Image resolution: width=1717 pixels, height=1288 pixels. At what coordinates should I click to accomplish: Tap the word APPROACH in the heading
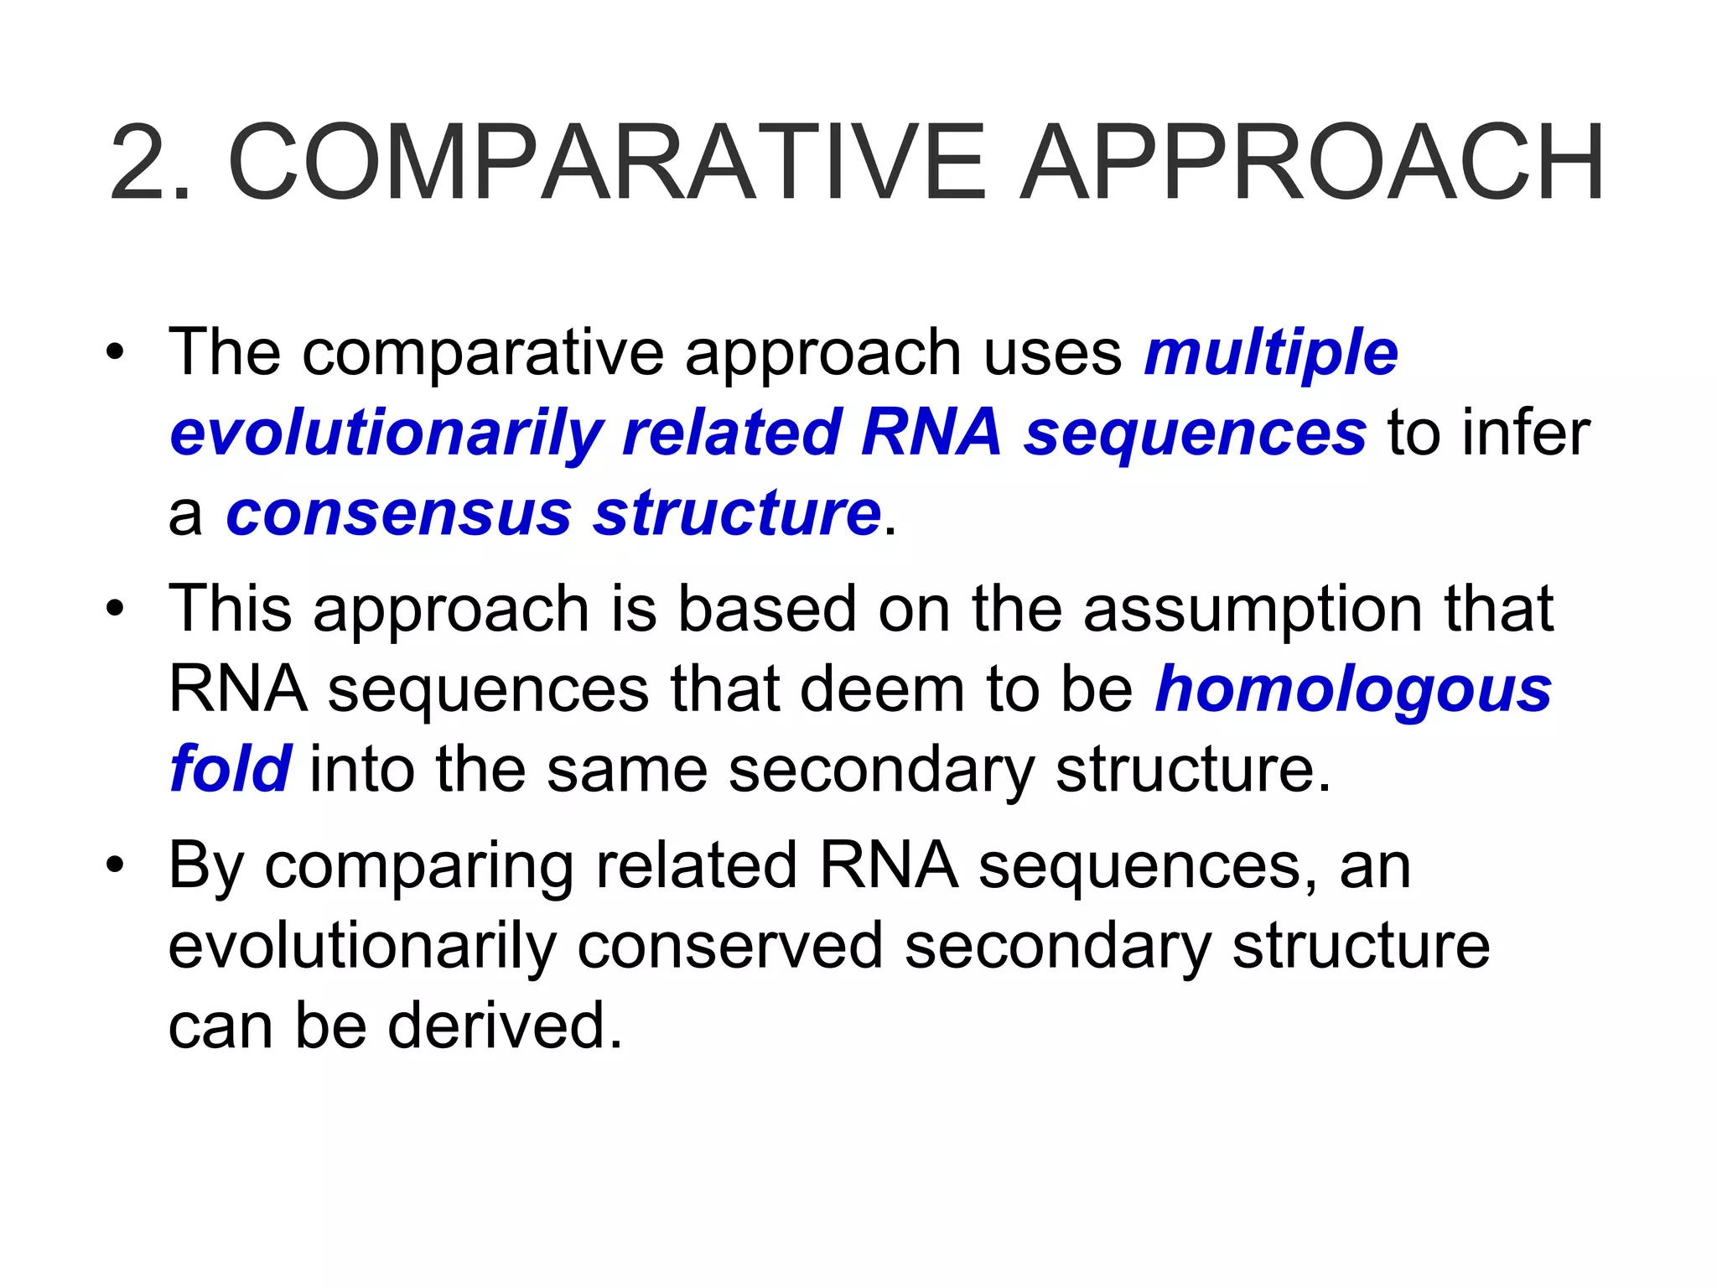point(1312,163)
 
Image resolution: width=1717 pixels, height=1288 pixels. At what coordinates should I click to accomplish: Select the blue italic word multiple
point(1271,354)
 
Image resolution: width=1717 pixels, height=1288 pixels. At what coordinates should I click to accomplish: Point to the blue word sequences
point(1196,433)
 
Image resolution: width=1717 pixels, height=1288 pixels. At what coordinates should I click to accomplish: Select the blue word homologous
point(1353,691)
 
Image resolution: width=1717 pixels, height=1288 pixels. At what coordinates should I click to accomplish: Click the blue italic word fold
point(230,768)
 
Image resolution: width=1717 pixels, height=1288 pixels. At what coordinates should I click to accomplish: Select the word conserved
point(729,946)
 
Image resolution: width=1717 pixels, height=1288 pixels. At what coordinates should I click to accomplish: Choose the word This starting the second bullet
point(230,609)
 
